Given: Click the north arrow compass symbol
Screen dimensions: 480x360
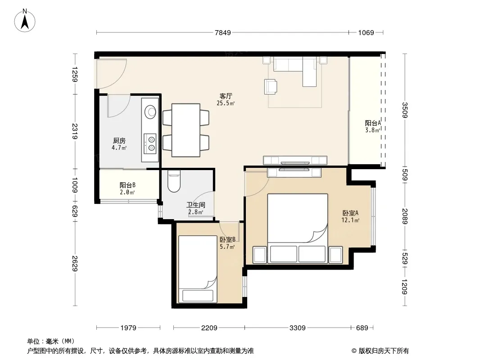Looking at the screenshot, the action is [25, 21].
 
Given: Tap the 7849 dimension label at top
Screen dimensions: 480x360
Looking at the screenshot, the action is [223, 33].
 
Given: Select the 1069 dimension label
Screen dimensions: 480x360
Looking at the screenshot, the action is [366, 33].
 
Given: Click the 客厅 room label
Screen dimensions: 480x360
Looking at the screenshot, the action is [226, 96].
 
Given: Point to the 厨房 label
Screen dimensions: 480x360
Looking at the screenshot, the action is [119, 141].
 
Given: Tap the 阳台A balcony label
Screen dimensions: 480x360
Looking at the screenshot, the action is [372, 123].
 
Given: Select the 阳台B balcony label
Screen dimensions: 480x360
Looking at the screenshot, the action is [127, 185].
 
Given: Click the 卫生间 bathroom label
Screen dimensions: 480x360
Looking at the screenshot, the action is [195, 205].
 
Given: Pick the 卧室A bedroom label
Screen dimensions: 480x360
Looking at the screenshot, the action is [350, 213].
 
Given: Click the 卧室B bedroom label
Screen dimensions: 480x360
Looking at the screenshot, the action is [227, 239].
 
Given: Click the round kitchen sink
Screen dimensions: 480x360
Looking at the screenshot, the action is [150, 111].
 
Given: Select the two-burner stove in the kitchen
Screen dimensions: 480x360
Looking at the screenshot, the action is [150, 144].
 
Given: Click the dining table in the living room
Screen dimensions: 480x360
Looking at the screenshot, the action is [186, 130].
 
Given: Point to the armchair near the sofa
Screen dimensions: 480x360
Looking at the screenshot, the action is [271, 86].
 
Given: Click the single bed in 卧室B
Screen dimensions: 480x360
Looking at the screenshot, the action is [198, 269].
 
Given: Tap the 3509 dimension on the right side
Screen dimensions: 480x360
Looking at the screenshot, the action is [405, 110].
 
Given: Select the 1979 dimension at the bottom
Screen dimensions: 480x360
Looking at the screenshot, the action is [128, 328].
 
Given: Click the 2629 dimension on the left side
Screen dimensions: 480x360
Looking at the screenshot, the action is [75, 264].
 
